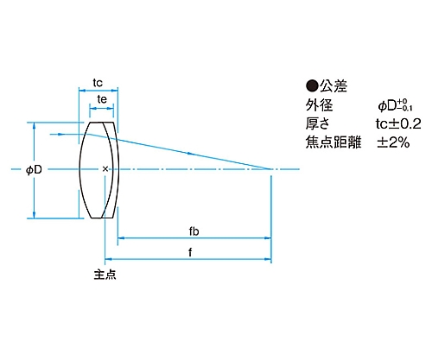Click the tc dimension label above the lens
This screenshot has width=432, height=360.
click(x=98, y=83)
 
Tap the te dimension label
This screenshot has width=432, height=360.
click(x=102, y=99)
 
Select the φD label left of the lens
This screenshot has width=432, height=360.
click(x=34, y=170)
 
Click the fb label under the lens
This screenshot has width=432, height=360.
click(x=194, y=231)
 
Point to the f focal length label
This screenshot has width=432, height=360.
click(x=190, y=252)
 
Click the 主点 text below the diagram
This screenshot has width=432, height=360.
click(x=105, y=275)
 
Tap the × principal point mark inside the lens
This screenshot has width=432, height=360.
click(x=105, y=169)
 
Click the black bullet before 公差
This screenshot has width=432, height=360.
click(x=312, y=85)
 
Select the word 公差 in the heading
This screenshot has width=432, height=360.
click(x=334, y=86)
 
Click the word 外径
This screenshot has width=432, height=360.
click(x=319, y=105)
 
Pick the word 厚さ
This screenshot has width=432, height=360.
click(x=317, y=123)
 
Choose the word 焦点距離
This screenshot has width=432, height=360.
click(x=334, y=142)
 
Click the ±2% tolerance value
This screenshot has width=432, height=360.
click(x=393, y=142)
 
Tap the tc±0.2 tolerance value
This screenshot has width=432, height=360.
click(x=398, y=123)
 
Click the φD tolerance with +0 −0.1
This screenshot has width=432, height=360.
click(x=395, y=105)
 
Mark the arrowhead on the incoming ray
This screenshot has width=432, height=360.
click(x=60, y=134)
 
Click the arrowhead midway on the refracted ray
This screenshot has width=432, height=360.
click(x=190, y=154)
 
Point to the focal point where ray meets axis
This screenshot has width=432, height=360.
click(x=270, y=169)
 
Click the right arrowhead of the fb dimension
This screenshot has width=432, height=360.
click(x=268, y=238)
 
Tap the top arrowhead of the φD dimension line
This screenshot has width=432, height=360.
click(x=35, y=126)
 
